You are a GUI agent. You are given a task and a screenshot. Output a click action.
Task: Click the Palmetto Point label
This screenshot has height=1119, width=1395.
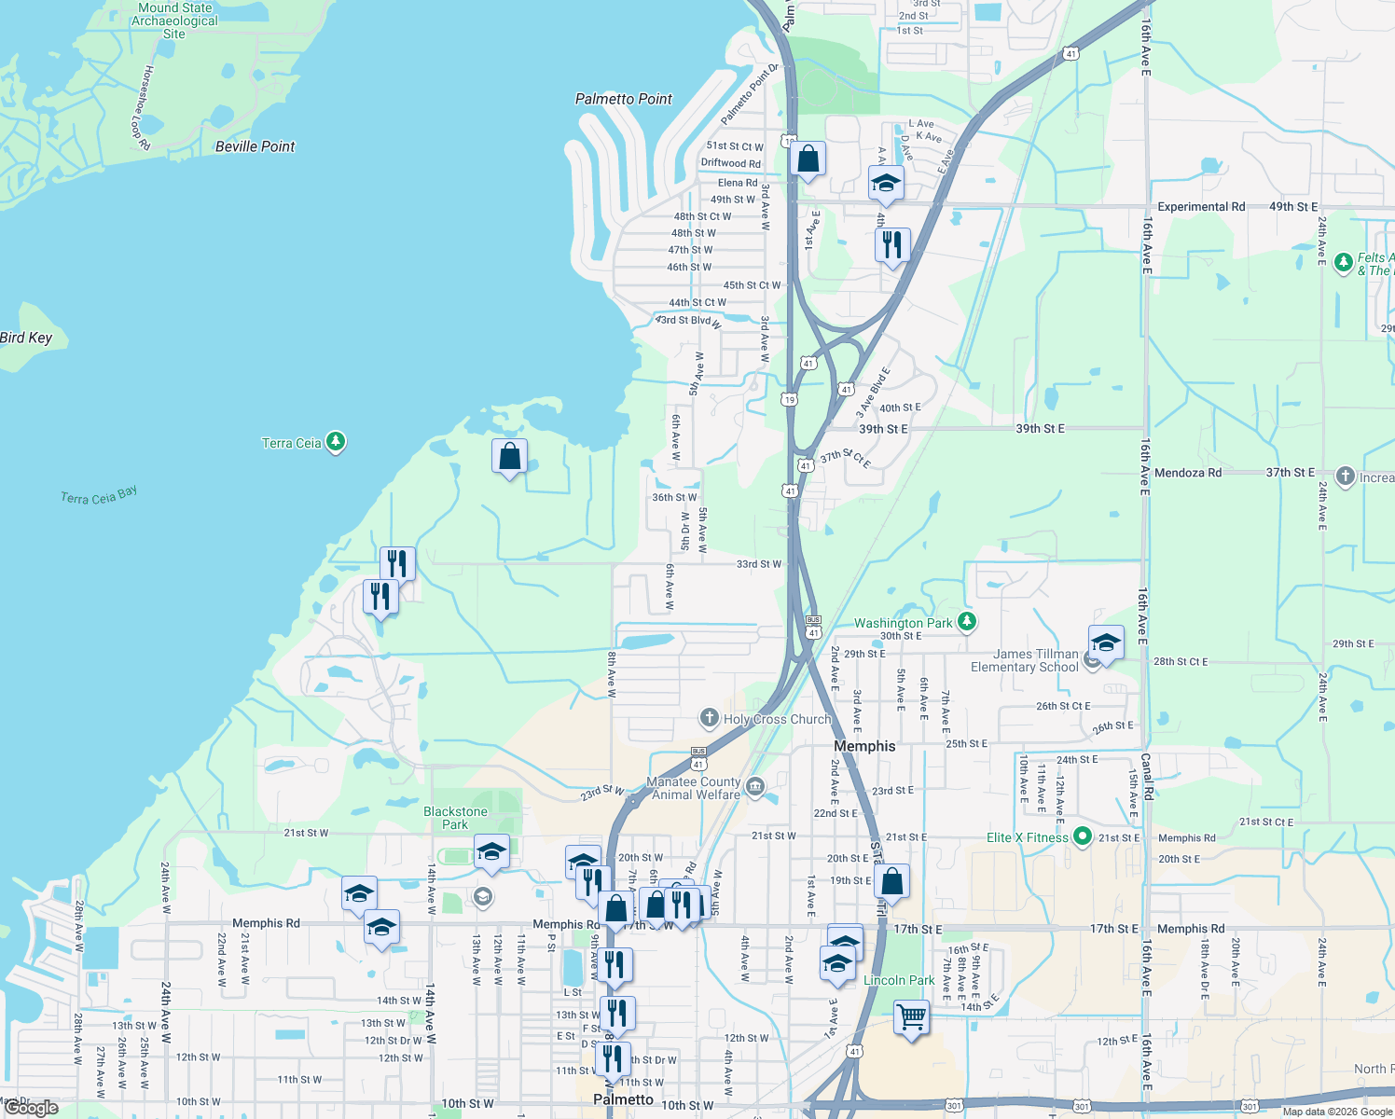tap(623, 99)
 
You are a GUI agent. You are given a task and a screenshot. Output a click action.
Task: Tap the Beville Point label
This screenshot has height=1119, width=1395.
tap(255, 146)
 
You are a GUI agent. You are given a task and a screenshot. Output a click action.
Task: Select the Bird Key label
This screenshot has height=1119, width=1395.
tap(27, 338)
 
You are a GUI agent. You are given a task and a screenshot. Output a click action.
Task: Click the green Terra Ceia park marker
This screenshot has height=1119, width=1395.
tap(336, 442)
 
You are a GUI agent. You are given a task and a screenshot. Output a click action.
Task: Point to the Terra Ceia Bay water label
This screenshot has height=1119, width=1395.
tap(99, 495)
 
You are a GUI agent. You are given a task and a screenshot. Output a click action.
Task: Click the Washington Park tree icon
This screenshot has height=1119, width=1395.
tap(967, 621)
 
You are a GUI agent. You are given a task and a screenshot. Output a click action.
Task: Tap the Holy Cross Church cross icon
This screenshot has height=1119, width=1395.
tap(710, 718)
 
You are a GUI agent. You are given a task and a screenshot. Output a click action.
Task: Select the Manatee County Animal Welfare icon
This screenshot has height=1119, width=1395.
tap(755, 787)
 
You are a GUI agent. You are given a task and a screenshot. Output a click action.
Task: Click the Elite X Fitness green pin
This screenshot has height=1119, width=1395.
tap(1082, 836)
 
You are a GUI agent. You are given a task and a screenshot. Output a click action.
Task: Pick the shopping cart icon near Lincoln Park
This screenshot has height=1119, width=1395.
tap(911, 1015)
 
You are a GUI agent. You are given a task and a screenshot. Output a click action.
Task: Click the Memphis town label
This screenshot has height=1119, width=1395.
tap(864, 746)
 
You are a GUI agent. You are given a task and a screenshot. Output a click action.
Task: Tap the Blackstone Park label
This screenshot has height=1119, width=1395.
tap(455, 818)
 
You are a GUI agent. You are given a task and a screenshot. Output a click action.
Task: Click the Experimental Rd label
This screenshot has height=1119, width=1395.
tap(1201, 207)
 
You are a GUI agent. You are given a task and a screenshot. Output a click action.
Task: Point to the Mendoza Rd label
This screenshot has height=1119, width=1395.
tap(1187, 473)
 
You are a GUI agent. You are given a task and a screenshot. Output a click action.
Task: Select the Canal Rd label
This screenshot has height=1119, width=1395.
tap(1148, 777)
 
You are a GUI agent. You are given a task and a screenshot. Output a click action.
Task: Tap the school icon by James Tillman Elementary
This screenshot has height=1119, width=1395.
tap(1105, 642)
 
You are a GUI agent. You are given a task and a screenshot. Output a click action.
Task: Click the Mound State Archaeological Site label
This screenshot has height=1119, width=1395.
tap(174, 21)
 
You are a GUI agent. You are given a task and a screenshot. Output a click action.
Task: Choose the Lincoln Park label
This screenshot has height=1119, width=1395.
tap(899, 980)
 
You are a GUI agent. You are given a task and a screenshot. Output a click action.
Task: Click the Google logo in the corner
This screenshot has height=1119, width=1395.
tap(32, 1108)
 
